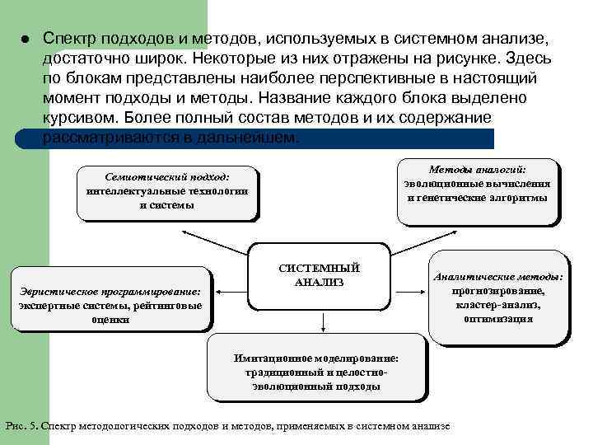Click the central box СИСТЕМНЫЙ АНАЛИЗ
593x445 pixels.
coord(319,275)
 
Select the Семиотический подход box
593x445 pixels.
coord(167,192)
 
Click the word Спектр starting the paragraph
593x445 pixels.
coord(68,39)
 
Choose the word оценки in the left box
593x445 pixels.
coord(110,320)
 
